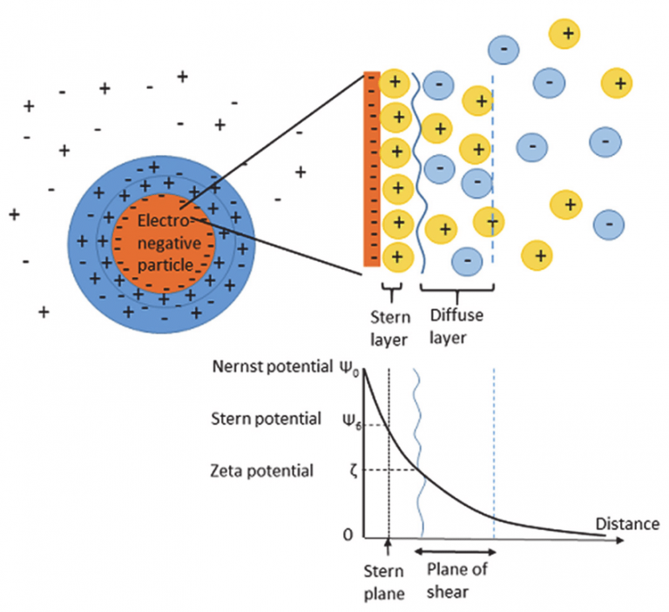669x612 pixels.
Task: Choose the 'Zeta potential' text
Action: pyautogui.click(x=261, y=471)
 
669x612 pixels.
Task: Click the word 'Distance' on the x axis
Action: pyautogui.click(x=625, y=523)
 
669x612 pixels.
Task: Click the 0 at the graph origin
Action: pyautogui.click(x=348, y=534)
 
